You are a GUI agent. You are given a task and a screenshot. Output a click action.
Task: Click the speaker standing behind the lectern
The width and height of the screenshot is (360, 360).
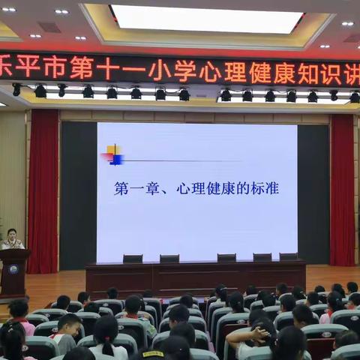pyautogui.click(x=11, y=239)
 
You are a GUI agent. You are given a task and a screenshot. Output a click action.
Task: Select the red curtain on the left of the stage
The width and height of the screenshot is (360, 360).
pyautogui.click(x=43, y=191)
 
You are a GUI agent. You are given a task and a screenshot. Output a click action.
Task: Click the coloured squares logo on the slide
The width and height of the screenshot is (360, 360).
pyautogui.click(x=113, y=154)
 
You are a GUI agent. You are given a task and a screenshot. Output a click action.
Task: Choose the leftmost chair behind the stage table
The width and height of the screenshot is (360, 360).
pyautogui.click(x=133, y=259)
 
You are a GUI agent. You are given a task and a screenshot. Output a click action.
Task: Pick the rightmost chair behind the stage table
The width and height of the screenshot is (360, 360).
pyautogui.click(x=289, y=256)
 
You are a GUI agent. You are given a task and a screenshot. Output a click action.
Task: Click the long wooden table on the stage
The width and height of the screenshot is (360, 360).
pyautogui.click(x=195, y=277)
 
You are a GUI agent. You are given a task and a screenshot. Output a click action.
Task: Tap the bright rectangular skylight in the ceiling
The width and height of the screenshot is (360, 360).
pyautogui.click(x=207, y=19)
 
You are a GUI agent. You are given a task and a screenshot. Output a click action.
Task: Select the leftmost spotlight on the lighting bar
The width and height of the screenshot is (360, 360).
pyautogui.click(x=16, y=90)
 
